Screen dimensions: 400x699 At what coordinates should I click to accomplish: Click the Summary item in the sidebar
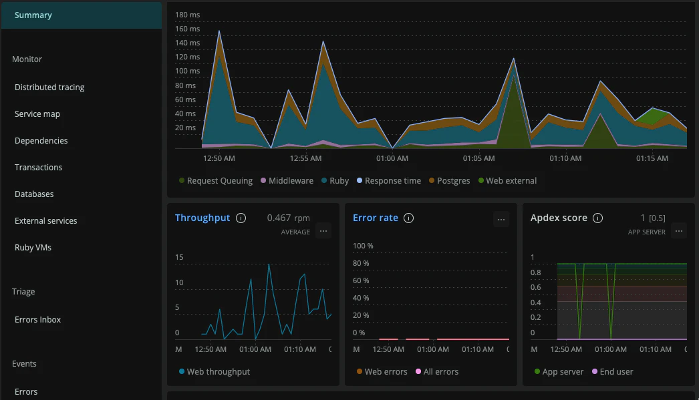[x=33, y=15]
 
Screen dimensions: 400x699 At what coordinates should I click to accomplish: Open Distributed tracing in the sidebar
[x=49, y=87]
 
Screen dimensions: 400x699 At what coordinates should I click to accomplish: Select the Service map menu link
[x=37, y=114]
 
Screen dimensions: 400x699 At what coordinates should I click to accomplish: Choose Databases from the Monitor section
[x=34, y=194]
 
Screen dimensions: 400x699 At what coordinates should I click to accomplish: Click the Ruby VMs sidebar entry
[x=33, y=248]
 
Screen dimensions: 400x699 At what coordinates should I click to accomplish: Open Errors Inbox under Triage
[x=37, y=320]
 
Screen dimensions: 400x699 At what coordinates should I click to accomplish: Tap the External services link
[x=45, y=221]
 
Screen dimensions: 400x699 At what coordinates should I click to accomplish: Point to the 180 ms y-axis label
[x=187, y=15]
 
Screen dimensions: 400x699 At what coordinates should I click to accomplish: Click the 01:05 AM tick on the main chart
[x=478, y=158]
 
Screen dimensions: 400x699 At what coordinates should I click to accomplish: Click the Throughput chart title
[x=202, y=218]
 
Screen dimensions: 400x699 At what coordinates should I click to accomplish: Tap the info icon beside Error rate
[x=409, y=218]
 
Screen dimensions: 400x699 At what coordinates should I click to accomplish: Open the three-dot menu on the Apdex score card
[x=679, y=231]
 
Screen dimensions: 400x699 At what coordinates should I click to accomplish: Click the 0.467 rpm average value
[x=288, y=218]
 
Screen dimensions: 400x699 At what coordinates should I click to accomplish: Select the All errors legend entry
[x=440, y=372]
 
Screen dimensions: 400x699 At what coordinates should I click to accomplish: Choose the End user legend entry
[x=616, y=372]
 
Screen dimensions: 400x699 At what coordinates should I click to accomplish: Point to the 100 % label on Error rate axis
[x=363, y=246]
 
